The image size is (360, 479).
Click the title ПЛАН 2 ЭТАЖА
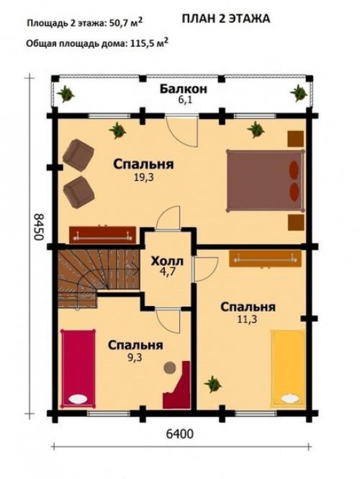(x=225, y=18)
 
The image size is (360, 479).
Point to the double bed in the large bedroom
(x=262, y=178)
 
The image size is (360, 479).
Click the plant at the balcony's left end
(x=67, y=92)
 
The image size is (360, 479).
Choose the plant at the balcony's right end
(x=297, y=92)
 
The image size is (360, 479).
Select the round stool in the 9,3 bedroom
(x=170, y=367)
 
